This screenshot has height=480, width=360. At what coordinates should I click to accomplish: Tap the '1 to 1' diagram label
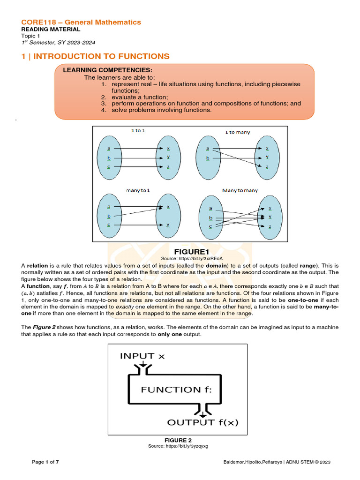pos(138,131)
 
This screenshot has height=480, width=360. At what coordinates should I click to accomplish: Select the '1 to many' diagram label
pos(238,132)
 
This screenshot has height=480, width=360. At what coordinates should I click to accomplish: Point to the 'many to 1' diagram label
pos(138,190)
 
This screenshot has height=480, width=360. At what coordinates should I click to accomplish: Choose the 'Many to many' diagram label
pos(240,190)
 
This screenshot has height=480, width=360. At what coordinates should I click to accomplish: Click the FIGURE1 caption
pos(181,252)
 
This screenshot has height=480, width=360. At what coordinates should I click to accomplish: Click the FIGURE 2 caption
pos(178,440)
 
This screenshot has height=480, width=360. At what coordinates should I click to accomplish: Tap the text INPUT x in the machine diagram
pos(142,356)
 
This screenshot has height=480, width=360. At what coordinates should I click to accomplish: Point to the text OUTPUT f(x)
pos(203,422)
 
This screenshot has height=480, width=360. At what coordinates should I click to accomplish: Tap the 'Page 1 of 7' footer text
pos(45,462)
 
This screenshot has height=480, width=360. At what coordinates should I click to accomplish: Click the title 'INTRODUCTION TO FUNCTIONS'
pos(101,56)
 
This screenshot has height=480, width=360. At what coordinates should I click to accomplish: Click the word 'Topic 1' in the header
pos(31,36)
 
